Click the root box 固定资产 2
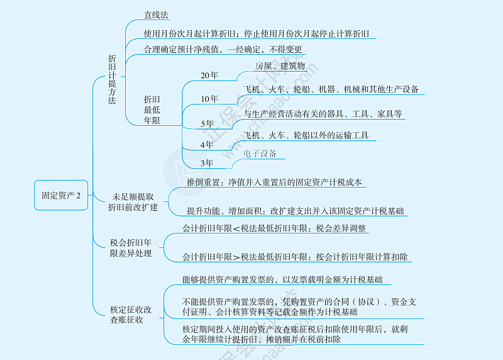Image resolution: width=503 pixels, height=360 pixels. pyautogui.click(x=61, y=195)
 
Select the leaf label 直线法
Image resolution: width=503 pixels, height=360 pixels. pyautogui.click(x=156, y=15)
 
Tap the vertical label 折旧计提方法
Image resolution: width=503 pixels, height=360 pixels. pyautogui.click(x=112, y=79)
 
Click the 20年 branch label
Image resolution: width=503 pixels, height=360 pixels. pyautogui.click(x=209, y=76)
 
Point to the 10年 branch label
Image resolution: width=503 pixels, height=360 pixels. pyautogui.click(x=209, y=99)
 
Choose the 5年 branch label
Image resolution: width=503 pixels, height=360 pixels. pyautogui.click(x=207, y=123)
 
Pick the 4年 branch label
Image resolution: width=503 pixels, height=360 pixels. pyautogui.click(x=207, y=145)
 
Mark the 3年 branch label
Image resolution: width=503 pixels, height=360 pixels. pyautogui.click(x=207, y=163)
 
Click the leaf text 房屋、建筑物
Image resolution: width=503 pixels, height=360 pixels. pyautogui.click(x=280, y=66)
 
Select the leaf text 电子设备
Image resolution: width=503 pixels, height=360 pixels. pyautogui.click(x=260, y=154)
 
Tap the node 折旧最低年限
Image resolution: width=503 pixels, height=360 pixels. pyautogui.click(x=152, y=110)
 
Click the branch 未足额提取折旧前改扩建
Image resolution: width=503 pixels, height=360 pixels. pyautogui.click(x=133, y=202)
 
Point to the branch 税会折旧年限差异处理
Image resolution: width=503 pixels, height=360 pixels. pyautogui.click(x=131, y=248)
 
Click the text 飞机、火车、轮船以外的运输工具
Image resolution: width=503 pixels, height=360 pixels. pyautogui.click(x=306, y=135)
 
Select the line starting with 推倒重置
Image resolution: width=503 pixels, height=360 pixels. pyautogui.click(x=274, y=183)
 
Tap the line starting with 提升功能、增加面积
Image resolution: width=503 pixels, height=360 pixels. pyautogui.click(x=295, y=211)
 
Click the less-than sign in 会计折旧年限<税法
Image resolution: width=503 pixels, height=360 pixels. pyautogui.click(x=236, y=228)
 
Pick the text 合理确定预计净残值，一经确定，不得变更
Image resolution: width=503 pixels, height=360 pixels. pyautogui.click(x=223, y=50)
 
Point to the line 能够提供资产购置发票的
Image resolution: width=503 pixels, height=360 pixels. pyautogui.click(x=282, y=279)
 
